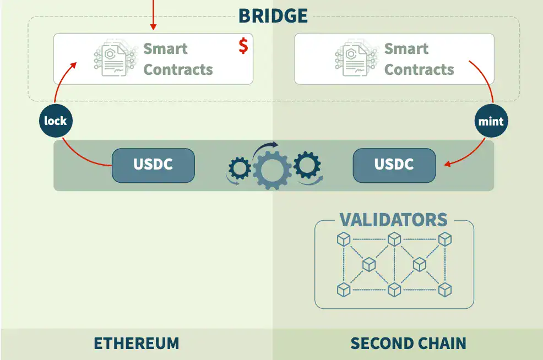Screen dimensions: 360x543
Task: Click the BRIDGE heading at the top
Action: click(273, 15)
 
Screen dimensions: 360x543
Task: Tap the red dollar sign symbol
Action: click(243, 46)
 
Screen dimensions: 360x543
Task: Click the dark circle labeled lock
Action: click(56, 121)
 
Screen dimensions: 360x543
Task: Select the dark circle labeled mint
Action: click(491, 121)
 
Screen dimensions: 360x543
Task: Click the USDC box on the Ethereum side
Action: click(153, 165)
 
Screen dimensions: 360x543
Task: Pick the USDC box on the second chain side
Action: click(394, 165)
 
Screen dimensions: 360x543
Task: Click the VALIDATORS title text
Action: click(393, 220)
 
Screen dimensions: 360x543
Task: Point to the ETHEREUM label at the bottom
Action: click(136, 343)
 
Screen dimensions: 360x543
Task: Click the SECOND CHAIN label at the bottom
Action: click(408, 343)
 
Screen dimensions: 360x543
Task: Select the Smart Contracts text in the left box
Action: click(177, 59)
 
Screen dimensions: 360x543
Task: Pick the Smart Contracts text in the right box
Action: click(419, 59)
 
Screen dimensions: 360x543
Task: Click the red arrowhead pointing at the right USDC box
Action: click(448, 163)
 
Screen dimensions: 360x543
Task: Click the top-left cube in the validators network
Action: click(344, 239)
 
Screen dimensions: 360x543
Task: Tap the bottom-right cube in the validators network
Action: click(445, 290)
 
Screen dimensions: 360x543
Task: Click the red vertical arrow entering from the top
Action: click(153, 14)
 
